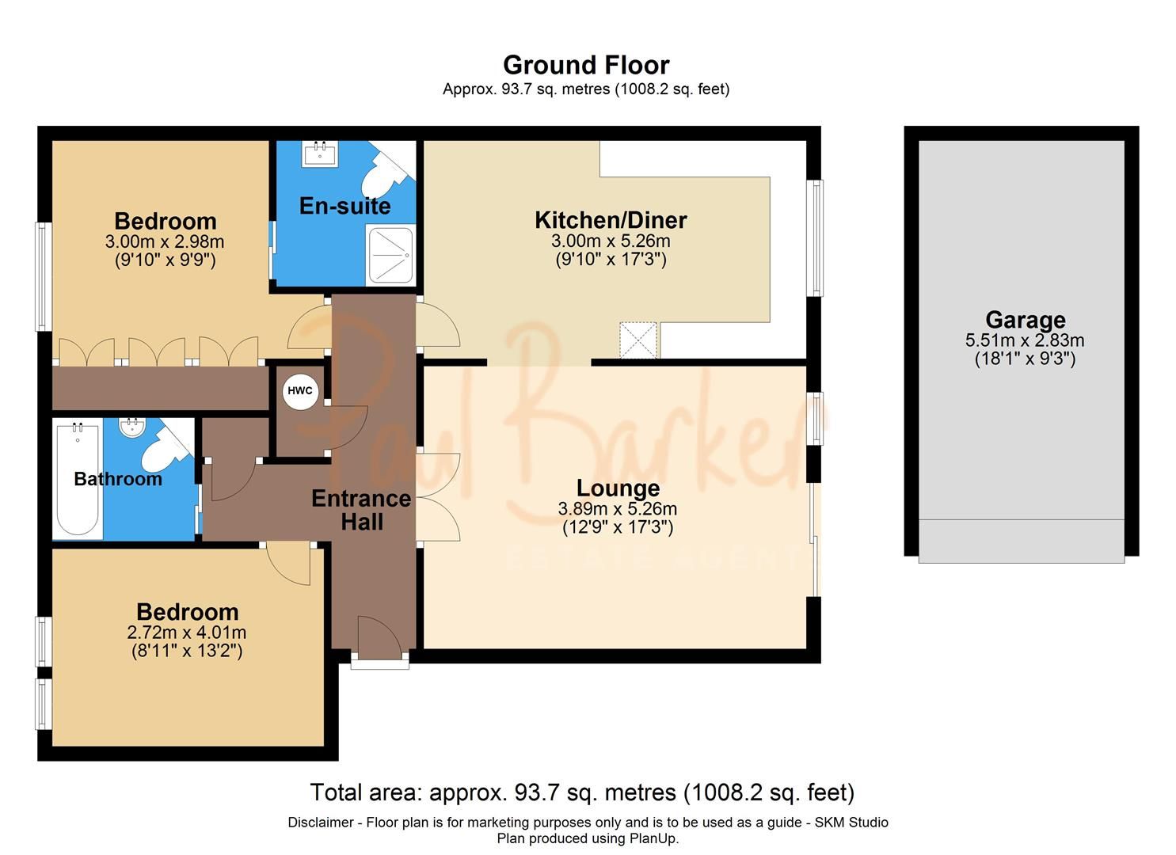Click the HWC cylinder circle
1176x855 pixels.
click(300, 391)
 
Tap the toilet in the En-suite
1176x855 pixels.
click(382, 176)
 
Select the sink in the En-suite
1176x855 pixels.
click(321, 152)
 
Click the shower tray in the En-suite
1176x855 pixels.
click(390, 255)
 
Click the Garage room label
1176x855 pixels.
click(1025, 320)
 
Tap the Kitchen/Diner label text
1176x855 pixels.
click(611, 220)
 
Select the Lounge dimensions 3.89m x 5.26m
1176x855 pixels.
click(618, 509)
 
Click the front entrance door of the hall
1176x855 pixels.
click(379, 639)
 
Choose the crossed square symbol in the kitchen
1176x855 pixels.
click(638, 340)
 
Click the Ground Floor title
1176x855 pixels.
click(586, 65)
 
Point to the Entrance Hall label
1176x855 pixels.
click(361, 510)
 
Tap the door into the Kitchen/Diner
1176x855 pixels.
click(438, 325)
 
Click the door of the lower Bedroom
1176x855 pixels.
click(288, 564)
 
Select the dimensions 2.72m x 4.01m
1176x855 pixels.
click(187, 633)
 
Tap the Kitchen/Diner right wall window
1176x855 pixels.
click(815, 237)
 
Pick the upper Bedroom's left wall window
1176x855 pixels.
click(44, 275)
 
